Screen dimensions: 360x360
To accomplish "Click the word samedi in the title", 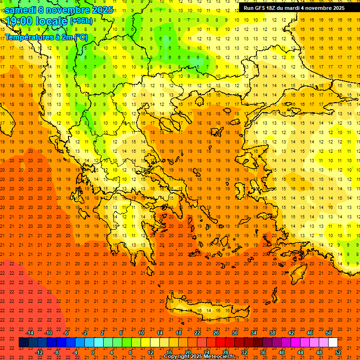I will pos(21,10).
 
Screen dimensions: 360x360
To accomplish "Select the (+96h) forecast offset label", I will pos(81,21).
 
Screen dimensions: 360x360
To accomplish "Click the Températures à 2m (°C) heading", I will pos(46,37).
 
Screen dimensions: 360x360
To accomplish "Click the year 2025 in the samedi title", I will pos(101,10).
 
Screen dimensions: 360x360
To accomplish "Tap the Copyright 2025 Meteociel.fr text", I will pos(199,357).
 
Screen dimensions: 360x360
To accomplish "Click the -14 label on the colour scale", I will pos(30,333).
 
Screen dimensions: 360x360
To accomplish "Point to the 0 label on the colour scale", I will pos(93,352).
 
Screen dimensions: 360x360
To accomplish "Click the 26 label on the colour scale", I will pos(216,333).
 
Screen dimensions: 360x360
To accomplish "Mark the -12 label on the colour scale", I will pos(39,352).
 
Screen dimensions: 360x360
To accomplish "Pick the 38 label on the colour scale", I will pos(272,333).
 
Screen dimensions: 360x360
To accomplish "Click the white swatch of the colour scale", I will pos(333,343).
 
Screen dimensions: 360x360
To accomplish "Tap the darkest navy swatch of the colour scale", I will pos(23,343).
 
